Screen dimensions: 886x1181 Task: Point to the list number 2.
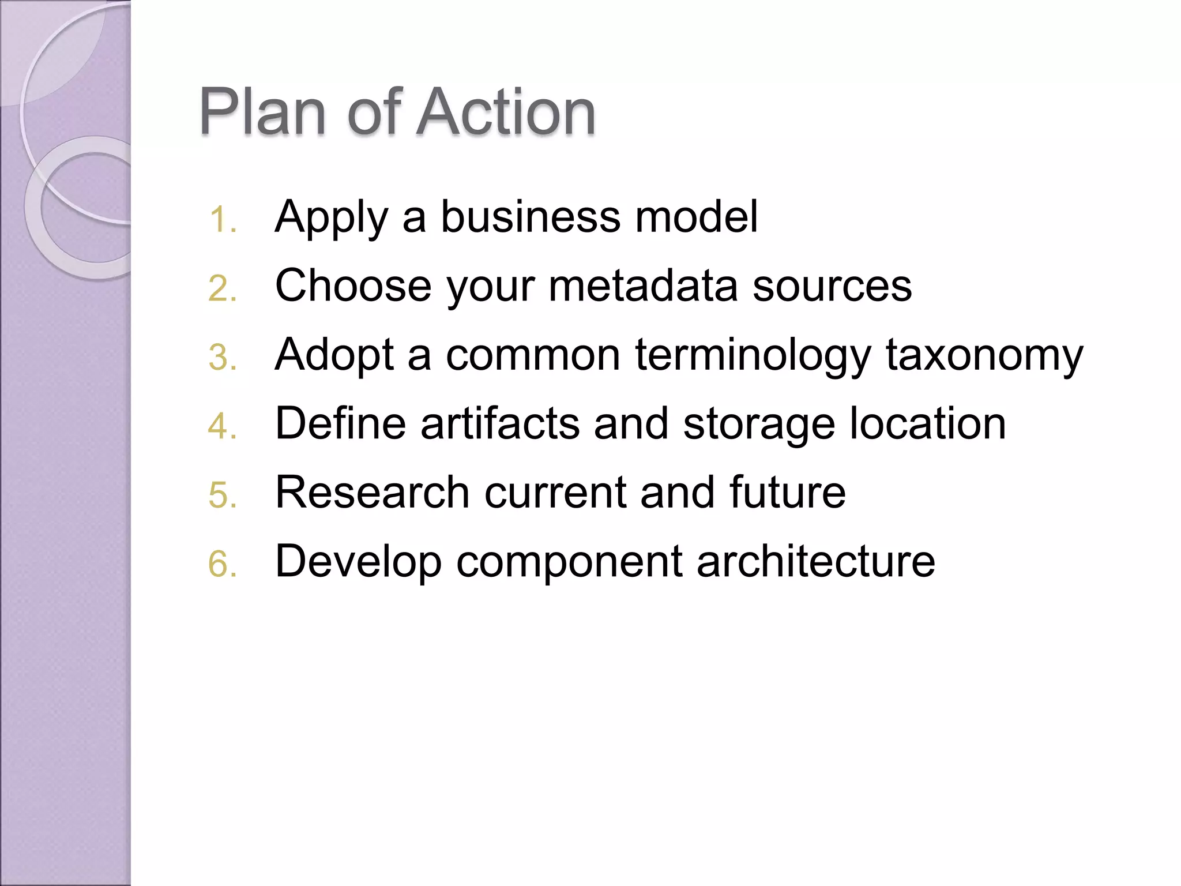click(223, 289)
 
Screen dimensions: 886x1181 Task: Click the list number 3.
click(223, 358)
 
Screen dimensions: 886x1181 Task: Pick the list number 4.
click(223, 427)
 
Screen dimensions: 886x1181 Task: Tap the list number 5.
click(223, 495)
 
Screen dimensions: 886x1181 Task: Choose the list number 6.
click(223, 564)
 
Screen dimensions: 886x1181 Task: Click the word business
click(531, 217)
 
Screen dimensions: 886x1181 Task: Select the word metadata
click(643, 286)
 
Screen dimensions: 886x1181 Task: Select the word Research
click(373, 492)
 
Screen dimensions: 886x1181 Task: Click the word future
click(787, 492)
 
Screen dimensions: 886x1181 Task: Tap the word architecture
click(815, 561)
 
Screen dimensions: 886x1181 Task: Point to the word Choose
click(353, 286)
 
